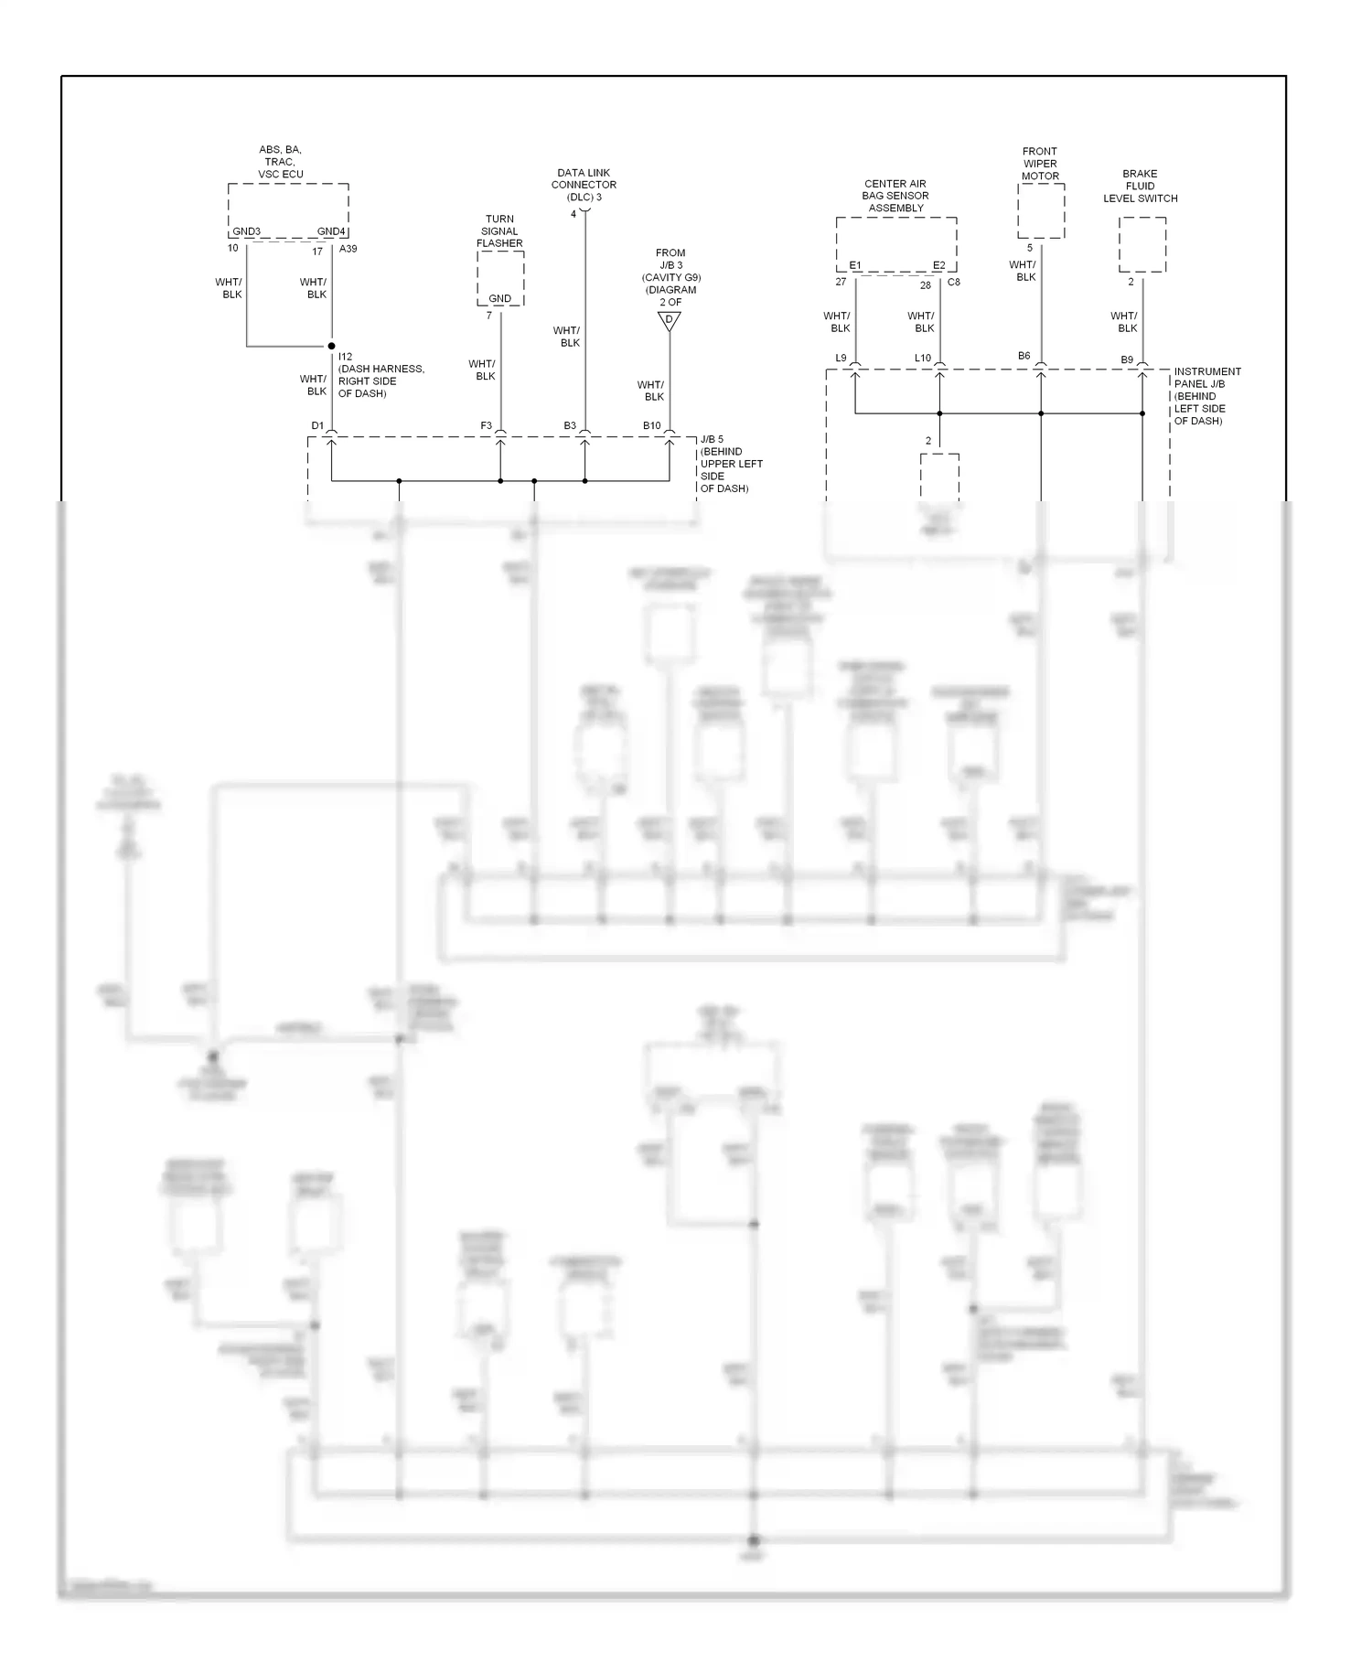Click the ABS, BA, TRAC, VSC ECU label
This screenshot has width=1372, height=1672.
[x=281, y=162]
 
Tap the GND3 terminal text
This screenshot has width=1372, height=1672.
[x=246, y=231]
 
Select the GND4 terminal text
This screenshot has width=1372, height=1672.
[x=331, y=231]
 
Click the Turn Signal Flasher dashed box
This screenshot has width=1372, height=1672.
[x=500, y=278]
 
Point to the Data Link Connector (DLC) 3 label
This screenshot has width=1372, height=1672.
[x=584, y=185]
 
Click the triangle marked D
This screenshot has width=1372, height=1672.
[x=670, y=320]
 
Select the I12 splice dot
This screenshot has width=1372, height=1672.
[x=331, y=347]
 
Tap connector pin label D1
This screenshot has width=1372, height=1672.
[x=317, y=425]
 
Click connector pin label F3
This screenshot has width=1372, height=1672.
[x=486, y=425]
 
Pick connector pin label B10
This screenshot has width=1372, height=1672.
[x=651, y=425]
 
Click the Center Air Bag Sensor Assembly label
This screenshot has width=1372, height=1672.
[x=895, y=196]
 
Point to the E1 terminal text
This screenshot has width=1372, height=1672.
[x=855, y=265]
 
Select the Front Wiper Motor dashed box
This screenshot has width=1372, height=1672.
[x=1041, y=210]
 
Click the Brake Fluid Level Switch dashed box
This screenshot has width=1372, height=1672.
[x=1142, y=244]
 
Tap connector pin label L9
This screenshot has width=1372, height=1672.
[x=841, y=359]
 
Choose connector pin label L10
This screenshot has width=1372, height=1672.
[x=922, y=359]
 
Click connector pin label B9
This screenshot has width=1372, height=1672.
[x=1127, y=360]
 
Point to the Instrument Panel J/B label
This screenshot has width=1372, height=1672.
[x=1207, y=396]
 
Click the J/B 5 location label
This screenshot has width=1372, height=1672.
[x=731, y=464]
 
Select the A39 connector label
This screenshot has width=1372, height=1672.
[x=348, y=249]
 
